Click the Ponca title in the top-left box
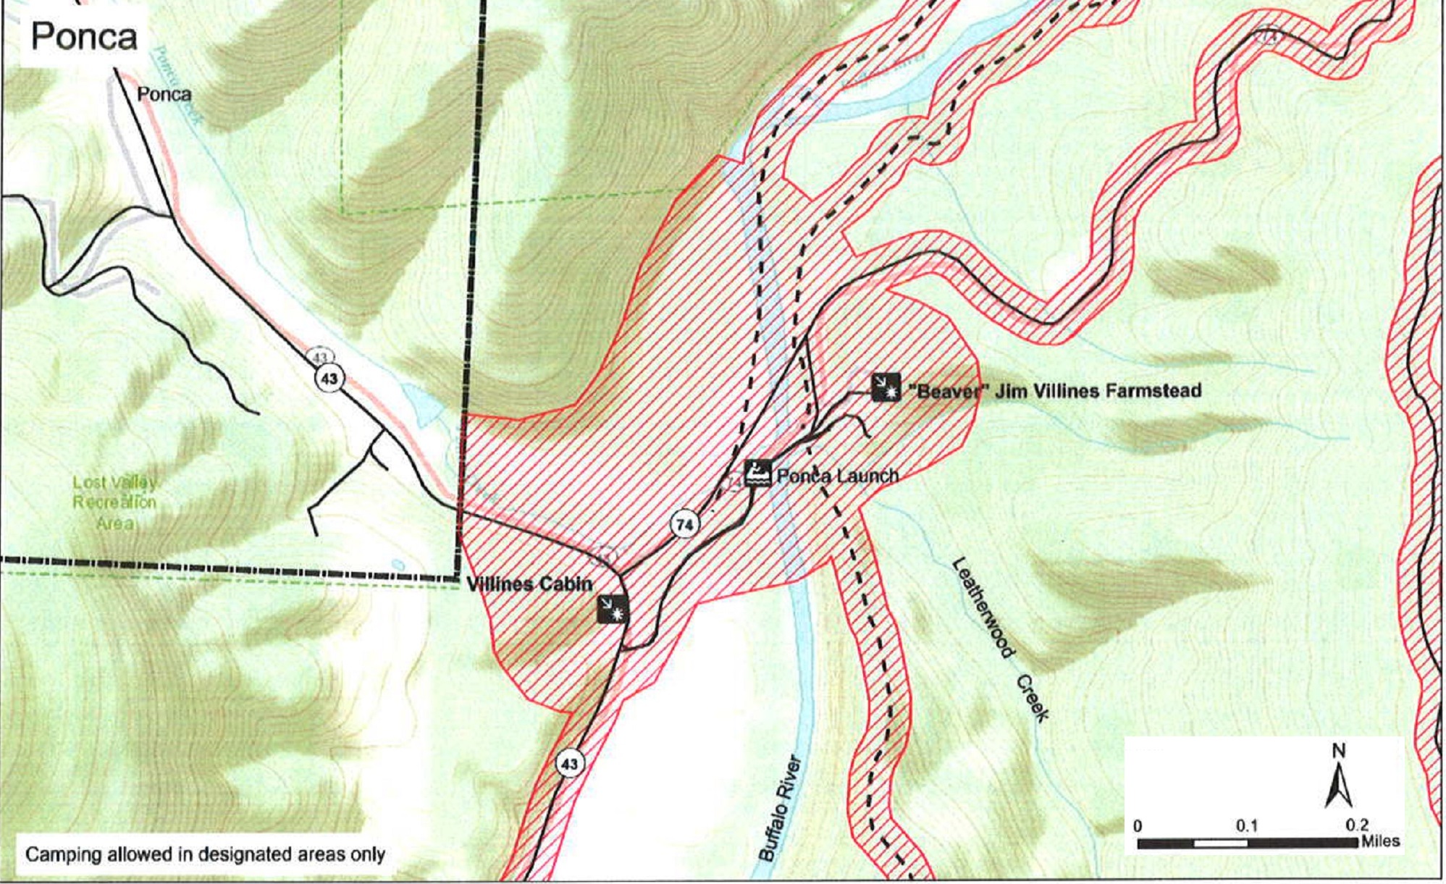(84, 36)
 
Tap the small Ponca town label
(164, 94)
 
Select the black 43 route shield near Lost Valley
(329, 378)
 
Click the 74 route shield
(684, 523)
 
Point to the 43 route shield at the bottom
(570, 764)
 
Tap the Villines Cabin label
(529, 584)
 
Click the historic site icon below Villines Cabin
(613, 609)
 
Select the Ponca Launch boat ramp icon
(758, 473)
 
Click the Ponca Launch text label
(838, 476)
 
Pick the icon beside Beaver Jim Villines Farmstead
(886, 387)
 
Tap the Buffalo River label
(781, 808)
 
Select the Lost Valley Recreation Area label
(114, 502)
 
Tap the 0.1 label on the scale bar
(1246, 825)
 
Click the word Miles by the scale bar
(1380, 841)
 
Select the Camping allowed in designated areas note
(205, 854)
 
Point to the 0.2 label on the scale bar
(1355, 825)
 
